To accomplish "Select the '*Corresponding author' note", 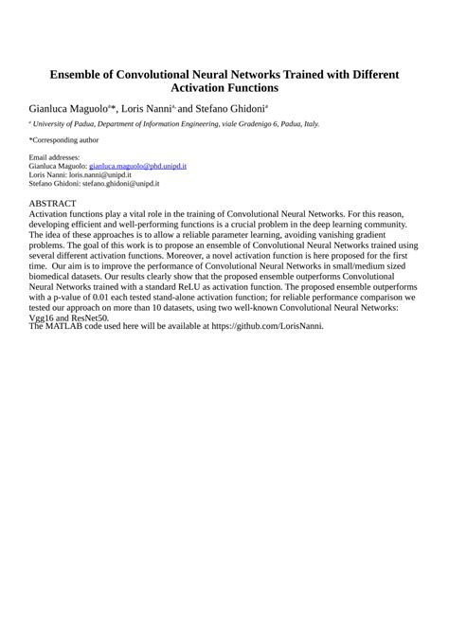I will [x=64, y=139].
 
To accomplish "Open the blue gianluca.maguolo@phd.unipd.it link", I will [x=137, y=166].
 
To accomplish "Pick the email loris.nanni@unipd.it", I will [x=96, y=175].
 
